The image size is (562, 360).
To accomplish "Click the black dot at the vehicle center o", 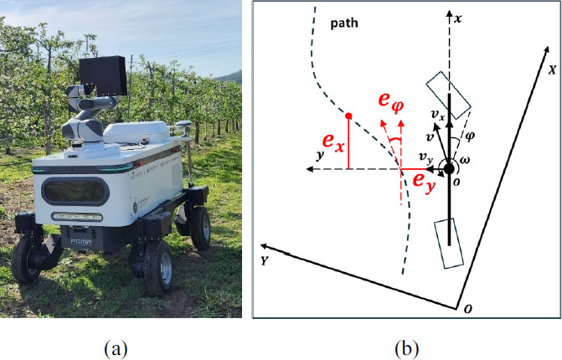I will click(x=450, y=169).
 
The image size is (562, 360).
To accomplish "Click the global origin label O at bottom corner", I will click(x=467, y=309).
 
